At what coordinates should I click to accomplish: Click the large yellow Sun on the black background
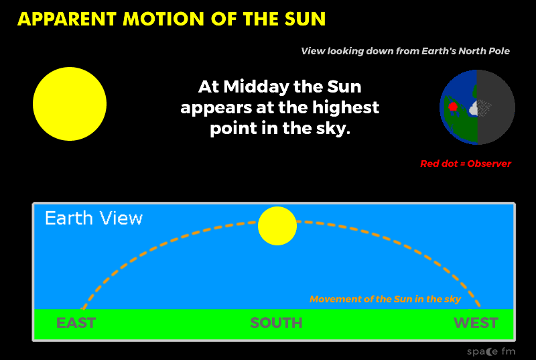(70, 104)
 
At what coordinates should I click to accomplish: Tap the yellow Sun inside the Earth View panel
(277, 226)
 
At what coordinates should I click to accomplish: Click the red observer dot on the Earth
(453, 107)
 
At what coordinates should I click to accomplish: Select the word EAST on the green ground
(76, 322)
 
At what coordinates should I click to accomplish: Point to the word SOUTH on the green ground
(276, 322)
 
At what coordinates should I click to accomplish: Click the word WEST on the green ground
(476, 322)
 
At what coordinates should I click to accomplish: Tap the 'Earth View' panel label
(94, 218)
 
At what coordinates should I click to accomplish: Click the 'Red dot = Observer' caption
(466, 164)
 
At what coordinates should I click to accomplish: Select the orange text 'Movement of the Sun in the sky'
(385, 299)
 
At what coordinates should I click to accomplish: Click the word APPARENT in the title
(67, 19)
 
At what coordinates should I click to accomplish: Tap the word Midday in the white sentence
(257, 87)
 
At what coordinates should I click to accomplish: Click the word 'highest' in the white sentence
(346, 108)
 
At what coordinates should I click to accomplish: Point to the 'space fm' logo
(491, 351)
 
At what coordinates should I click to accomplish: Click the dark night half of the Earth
(496, 107)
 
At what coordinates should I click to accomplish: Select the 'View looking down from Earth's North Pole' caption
(405, 51)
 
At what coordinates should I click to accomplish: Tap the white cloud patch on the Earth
(474, 109)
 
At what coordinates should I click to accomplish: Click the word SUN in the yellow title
(306, 19)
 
